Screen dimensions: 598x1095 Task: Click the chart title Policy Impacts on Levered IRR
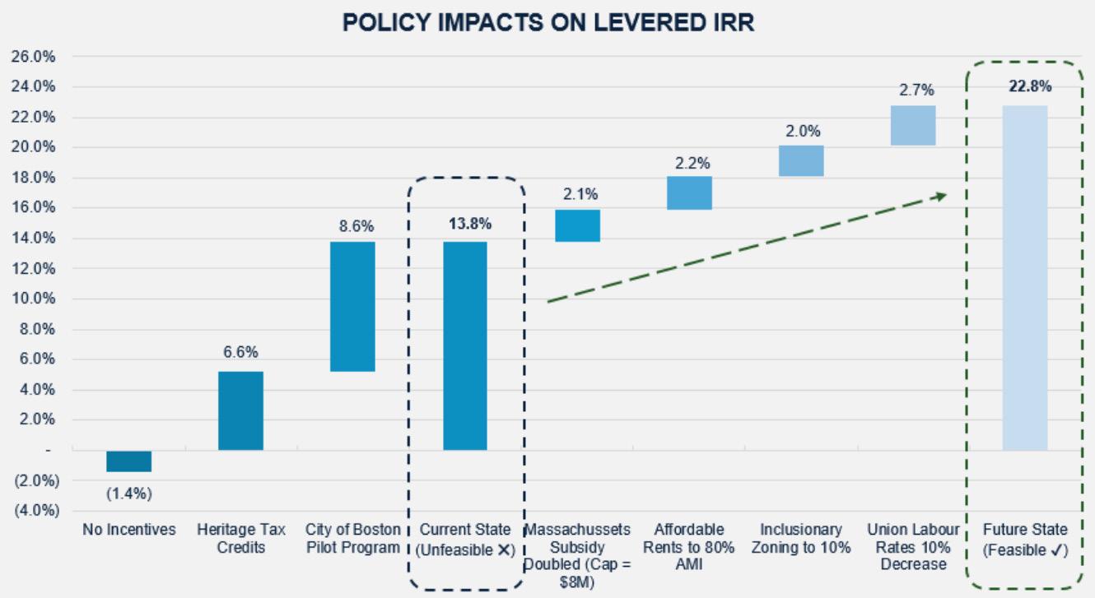(x=548, y=23)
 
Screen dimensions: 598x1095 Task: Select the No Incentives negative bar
(x=129, y=461)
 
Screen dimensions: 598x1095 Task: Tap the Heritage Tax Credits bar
(x=240, y=410)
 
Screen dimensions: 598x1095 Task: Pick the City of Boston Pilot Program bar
(x=352, y=306)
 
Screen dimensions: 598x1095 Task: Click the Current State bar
(x=465, y=345)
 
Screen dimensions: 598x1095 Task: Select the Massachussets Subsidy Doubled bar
(x=577, y=225)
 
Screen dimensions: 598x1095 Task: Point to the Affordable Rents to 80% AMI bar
(x=689, y=193)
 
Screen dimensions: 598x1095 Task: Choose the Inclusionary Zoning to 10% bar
(x=801, y=161)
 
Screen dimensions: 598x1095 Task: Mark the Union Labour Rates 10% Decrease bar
(x=913, y=125)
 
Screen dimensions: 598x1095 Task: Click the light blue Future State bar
(x=1025, y=277)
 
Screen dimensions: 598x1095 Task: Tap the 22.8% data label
(x=1025, y=87)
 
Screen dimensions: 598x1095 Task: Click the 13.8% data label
(x=465, y=223)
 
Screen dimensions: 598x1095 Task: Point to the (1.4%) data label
(x=129, y=494)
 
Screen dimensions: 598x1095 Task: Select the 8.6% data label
(x=352, y=224)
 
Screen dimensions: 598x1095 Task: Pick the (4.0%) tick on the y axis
(x=33, y=510)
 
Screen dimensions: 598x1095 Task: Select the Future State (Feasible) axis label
(x=1025, y=540)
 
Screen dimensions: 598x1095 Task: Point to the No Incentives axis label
(x=129, y=530)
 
